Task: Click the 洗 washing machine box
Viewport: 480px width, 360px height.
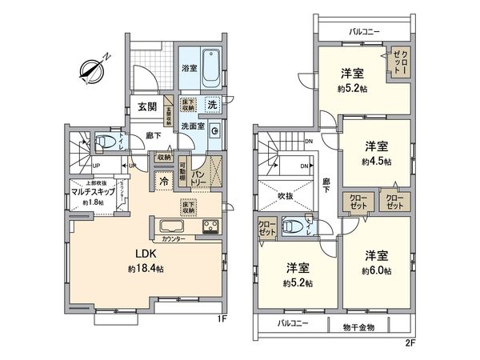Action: (x=212, y=104)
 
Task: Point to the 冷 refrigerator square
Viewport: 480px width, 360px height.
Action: (x=165, y=181)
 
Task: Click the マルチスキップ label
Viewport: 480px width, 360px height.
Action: (x=90, y=192)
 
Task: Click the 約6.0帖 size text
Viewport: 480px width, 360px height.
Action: (x=376, y=271)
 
